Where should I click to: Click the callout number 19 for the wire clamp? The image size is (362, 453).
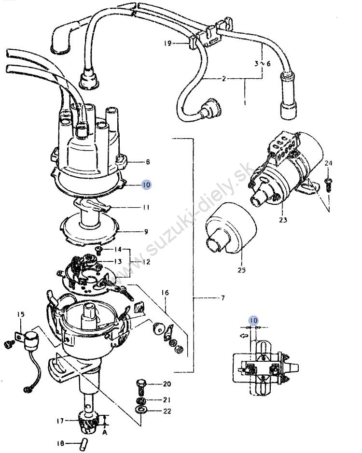(167, 43)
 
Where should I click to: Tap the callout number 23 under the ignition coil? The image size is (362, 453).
(283, 220)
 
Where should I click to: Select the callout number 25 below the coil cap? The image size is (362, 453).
(242, 270)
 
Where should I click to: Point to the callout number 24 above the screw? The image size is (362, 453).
(328, 163)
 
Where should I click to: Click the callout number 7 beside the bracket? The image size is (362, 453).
(223, 297)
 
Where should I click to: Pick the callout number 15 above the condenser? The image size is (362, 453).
(21, 314)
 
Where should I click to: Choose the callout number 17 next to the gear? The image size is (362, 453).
(60, 421)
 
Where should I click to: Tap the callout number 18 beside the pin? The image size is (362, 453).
(61, 443)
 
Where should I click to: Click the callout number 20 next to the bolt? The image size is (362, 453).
(167, 384)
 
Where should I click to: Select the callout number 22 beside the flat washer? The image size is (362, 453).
(167, 411)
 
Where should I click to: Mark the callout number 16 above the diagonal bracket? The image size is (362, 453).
(165, 293)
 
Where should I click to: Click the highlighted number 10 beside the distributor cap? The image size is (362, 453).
(146, 184)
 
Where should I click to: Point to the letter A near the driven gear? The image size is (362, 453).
(104, 433)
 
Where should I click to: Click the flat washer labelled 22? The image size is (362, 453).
(141, 410)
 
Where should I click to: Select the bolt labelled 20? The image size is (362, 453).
(140, 387)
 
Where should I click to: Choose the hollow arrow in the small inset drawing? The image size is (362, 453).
(244, 336)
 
